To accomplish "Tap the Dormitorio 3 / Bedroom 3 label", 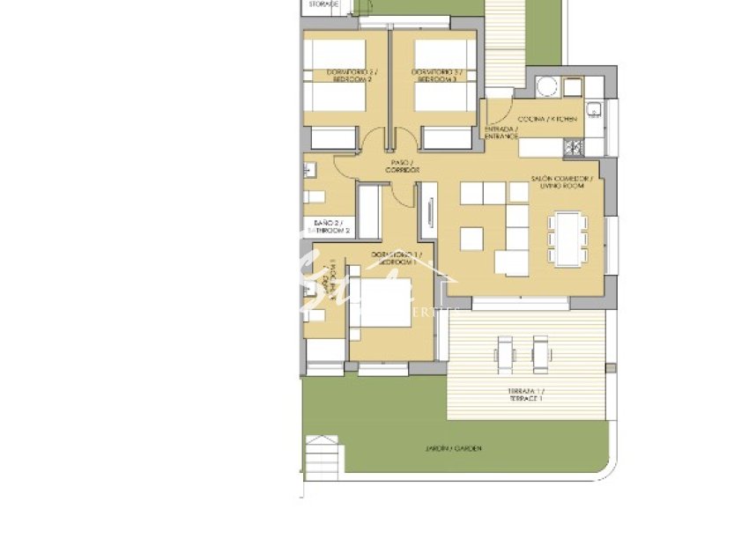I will click(x=436, y=75).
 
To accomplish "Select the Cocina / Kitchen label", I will click(x=548, y=118).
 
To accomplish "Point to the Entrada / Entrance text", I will click(x=501, y=132).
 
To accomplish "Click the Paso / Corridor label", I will click(x=401, y=166).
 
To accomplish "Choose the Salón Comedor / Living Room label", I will click(x=562, y=181).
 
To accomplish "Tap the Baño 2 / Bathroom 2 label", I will click(x=327, y=226).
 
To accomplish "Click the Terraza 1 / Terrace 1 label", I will click(x=525, y=395).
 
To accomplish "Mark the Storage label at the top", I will click(x=323, y=4).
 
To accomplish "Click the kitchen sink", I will click(x=595, y=110).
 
